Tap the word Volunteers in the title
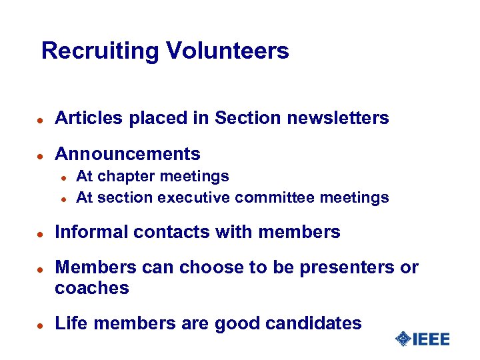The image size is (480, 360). point(227,51)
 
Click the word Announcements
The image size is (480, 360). point(127,154)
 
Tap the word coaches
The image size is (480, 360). point(92,288)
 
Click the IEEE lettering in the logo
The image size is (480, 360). point(431,339)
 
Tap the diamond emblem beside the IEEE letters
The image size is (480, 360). point(403,339)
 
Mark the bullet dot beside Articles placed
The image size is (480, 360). point(41,120)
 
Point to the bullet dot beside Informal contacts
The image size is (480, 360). point(41,233)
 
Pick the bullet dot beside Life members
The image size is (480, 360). point(41,325)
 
